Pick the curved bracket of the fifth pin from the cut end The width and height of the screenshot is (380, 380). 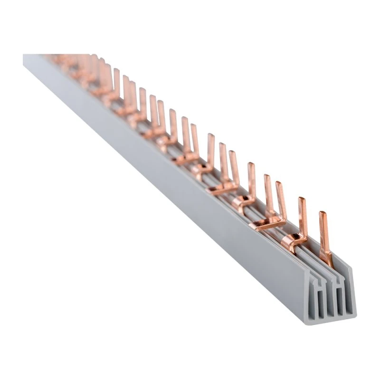pos(242,199)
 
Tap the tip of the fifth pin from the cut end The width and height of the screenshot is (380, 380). pos(251,165)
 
